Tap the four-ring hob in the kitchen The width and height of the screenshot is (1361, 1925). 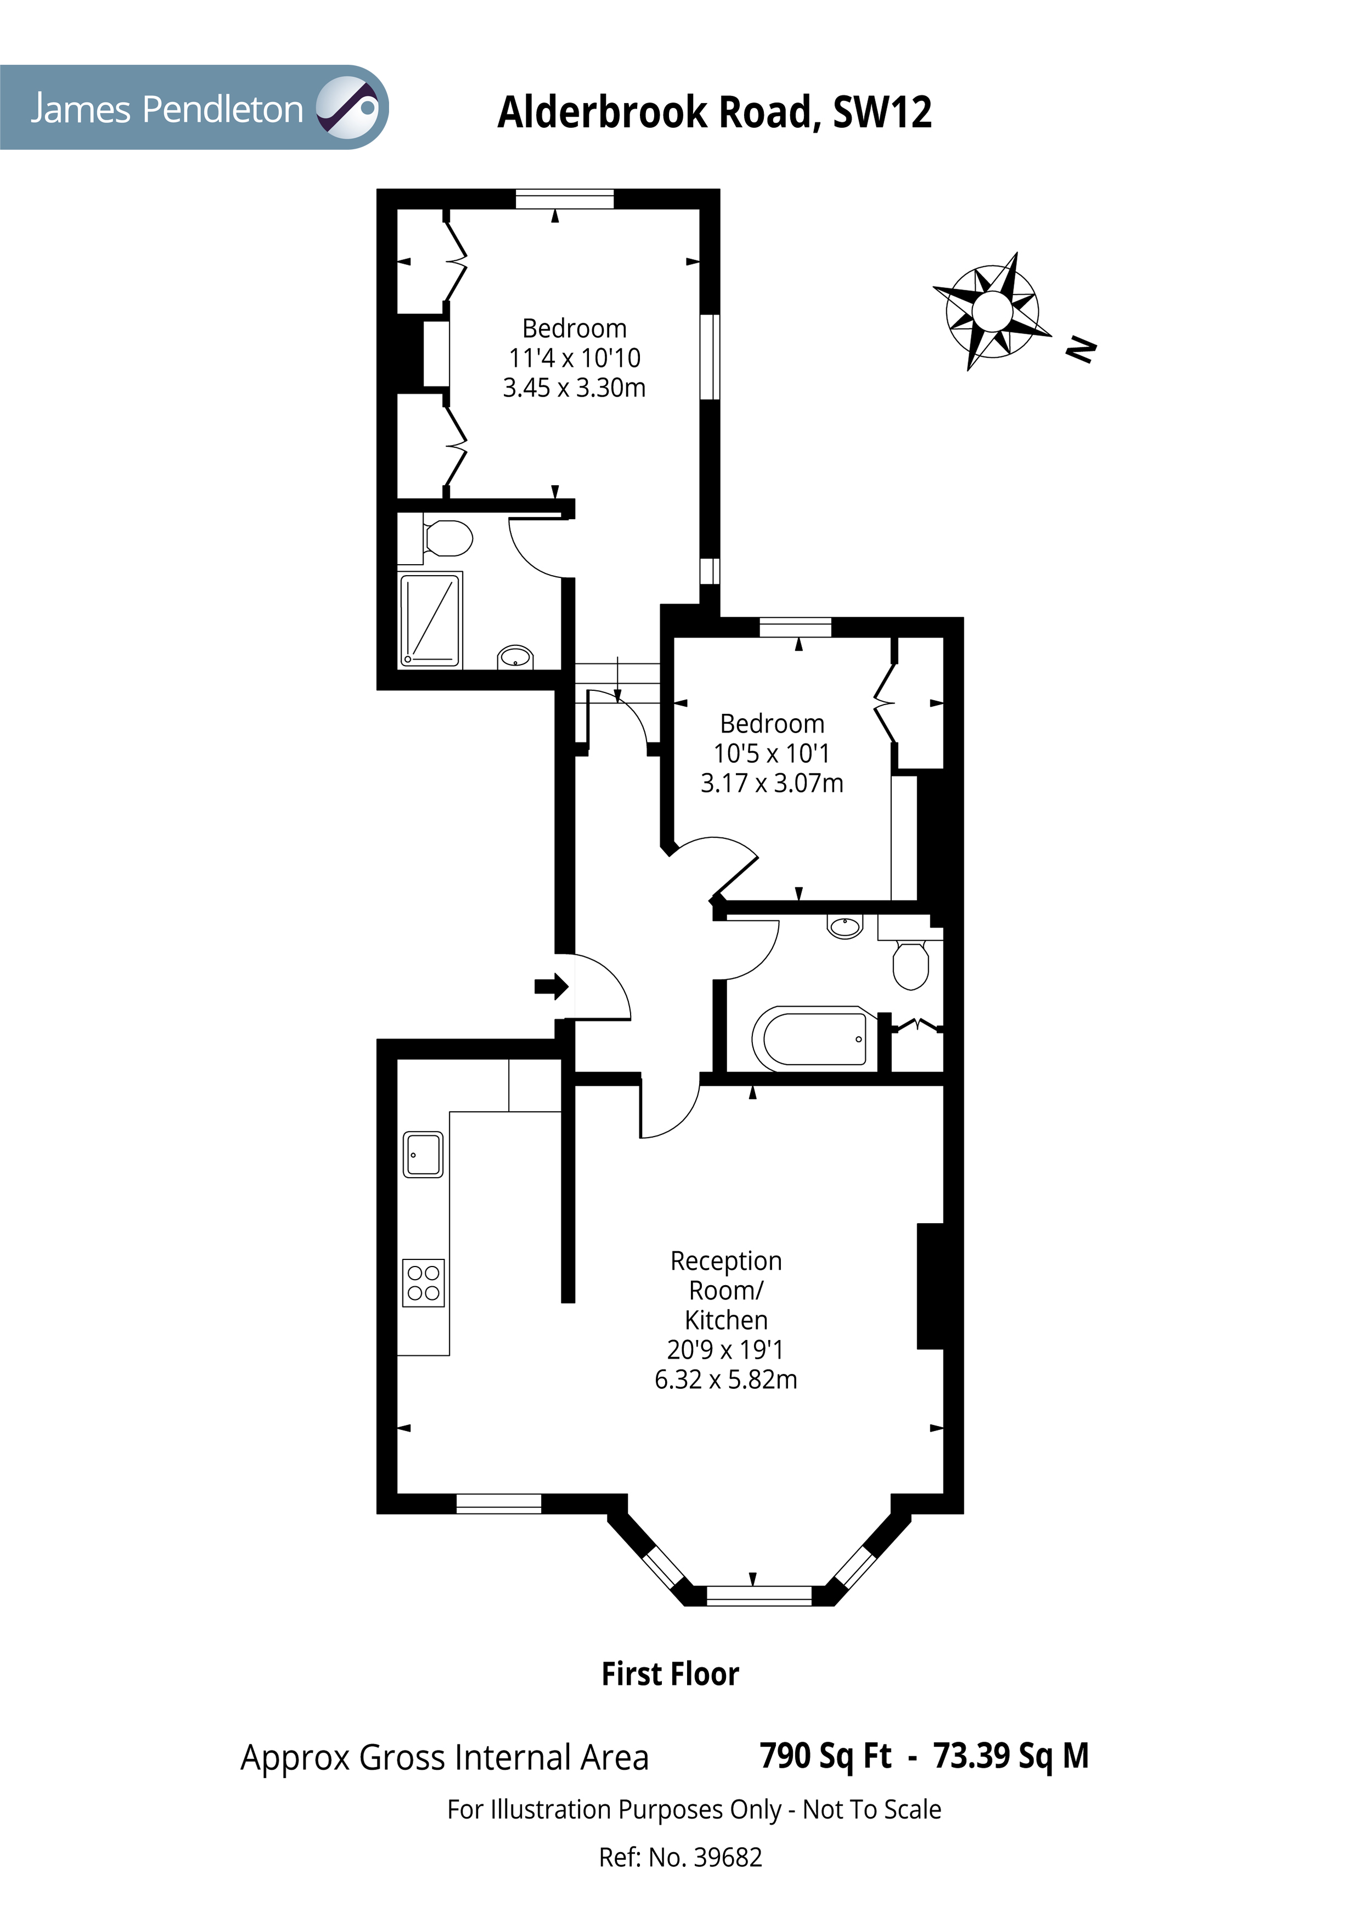[424, 1283]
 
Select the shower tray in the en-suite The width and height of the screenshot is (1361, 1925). [430, 620]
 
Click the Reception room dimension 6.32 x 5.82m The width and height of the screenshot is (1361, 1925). [726, 1379]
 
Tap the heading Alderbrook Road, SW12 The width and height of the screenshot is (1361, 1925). [715, 112]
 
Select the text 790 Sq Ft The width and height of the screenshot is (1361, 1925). [825, 1755]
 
